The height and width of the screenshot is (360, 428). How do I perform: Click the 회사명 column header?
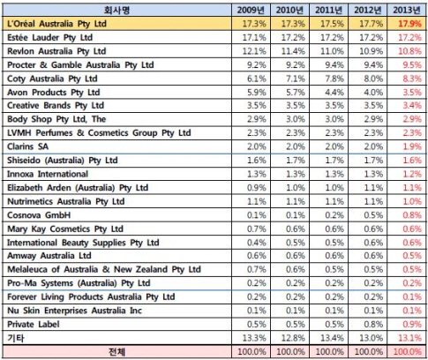click(116, 11)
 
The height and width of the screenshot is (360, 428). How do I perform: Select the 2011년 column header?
click(328, 11)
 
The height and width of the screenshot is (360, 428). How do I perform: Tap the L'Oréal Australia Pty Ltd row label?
click(56, 24)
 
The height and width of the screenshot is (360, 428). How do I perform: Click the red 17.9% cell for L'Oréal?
click(409, 24)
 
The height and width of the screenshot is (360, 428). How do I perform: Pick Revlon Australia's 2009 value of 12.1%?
click(254, 51)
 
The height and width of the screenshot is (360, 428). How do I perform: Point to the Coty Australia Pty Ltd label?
click(52, 79)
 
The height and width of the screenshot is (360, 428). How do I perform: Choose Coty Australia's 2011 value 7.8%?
click(334, 79)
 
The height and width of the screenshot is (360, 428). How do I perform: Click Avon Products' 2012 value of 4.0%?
click(373, 93)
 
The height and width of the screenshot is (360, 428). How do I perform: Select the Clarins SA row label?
click(27, 146)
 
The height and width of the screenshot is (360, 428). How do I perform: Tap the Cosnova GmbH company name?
click(39, 215)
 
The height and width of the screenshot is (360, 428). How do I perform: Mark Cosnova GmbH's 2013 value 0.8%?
click(412, 215)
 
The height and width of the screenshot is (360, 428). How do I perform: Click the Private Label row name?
click(34, 324)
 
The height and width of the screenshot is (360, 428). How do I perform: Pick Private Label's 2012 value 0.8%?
click(373, 324)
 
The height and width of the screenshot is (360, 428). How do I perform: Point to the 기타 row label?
click(16, 338)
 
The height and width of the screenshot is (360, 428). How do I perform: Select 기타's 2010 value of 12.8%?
click(293, 338)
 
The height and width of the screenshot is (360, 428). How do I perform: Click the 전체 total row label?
click(116, 352)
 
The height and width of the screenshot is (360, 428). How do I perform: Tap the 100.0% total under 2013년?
click(408, 352)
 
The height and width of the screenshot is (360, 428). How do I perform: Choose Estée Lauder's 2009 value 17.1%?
click(254, 38)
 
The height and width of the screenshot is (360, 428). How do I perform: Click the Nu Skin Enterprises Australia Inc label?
click(74, 311)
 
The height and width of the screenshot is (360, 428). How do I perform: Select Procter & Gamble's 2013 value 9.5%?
click(412, 65)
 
